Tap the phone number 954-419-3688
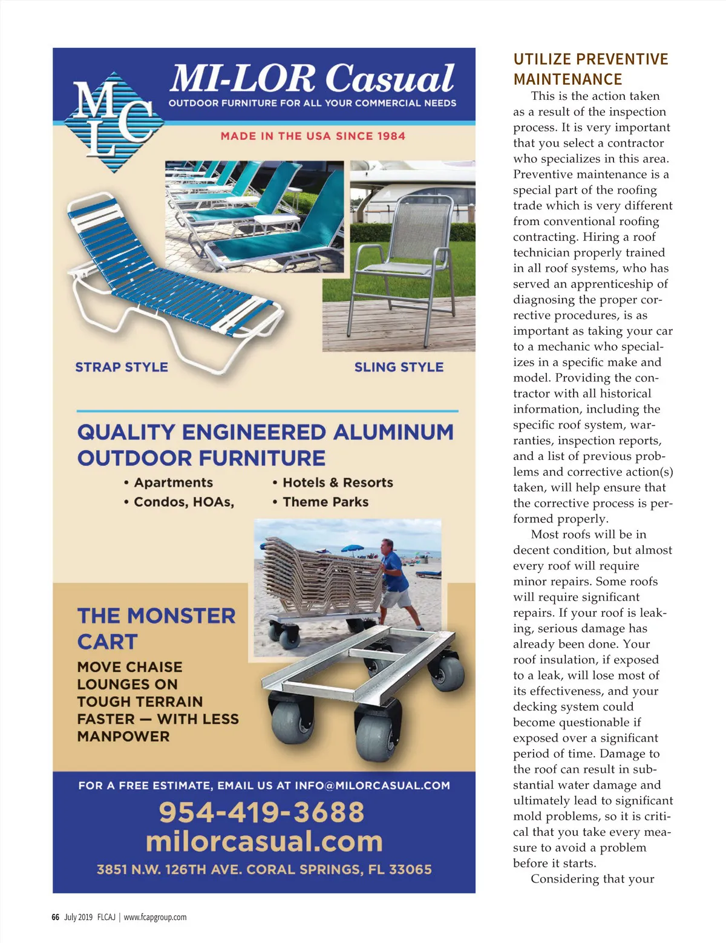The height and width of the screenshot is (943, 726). coord(261,812)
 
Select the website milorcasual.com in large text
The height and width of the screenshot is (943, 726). coord(264,841)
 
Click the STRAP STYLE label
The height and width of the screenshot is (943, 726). coord(122,367)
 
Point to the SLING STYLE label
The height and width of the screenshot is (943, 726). coord(399,367)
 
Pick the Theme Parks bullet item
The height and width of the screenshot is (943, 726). coord(325,502)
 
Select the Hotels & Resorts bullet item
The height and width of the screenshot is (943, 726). coord(338,482)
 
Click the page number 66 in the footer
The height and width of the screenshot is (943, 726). coord(55,917)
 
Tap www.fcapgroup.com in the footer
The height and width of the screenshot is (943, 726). coord(155,917)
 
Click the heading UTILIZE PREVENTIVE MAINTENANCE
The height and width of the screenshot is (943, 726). coord(590,69)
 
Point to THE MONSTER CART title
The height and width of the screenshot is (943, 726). coord(156,628)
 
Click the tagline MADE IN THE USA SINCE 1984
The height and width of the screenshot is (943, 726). coord(313,136)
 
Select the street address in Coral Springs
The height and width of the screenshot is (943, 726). coord(264,870)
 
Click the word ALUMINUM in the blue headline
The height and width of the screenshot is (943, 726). coord(393,432)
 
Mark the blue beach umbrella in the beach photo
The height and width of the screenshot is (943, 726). coord(352,549)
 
